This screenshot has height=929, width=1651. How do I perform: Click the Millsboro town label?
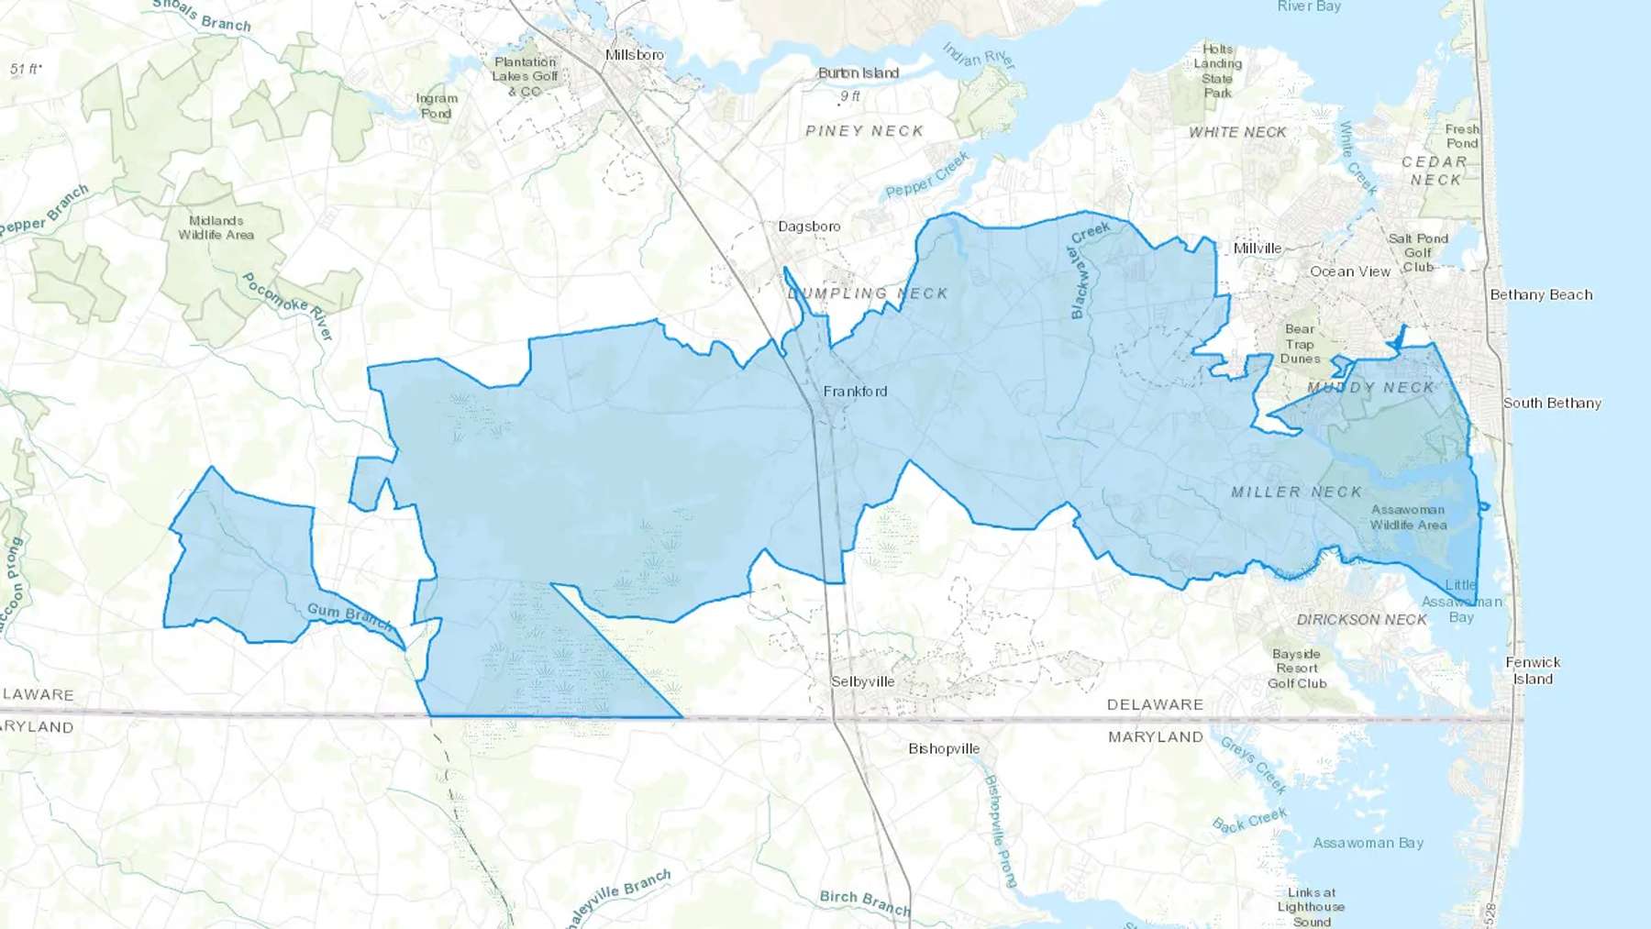click(634, 55)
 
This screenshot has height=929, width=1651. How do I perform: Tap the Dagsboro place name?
click(809, 227)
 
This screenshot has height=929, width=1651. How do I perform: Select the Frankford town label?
click(855, 392)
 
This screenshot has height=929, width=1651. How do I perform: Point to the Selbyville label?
click(862, 681)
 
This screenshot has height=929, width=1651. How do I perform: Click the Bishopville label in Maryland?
click(944, 748)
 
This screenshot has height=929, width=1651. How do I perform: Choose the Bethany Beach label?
click(1541, 294)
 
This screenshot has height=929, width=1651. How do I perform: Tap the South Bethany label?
click(1552, 403)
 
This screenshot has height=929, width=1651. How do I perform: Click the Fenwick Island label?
click(1533, 670)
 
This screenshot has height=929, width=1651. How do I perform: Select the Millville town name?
click(1258, 248)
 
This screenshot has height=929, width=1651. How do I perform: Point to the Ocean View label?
click(1350, 271)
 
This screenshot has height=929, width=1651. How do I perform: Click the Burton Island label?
click(859, 72)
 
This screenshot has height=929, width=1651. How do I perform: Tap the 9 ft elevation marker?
click(850, 95)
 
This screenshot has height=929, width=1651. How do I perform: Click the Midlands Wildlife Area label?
click(216, 227)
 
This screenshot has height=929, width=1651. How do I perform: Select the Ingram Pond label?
click(437, 105)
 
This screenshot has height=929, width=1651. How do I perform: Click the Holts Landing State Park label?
click(1218, 71)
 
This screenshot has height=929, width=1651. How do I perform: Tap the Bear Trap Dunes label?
click(1300, 344)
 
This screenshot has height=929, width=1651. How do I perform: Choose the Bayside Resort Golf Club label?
click(1297, 669)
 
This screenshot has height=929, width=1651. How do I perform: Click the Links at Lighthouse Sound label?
click(1312, 907)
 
